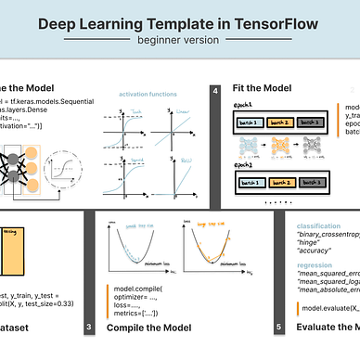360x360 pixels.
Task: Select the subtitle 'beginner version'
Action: [x=179, y=43]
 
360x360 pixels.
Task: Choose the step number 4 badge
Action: [x=215, y=91]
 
